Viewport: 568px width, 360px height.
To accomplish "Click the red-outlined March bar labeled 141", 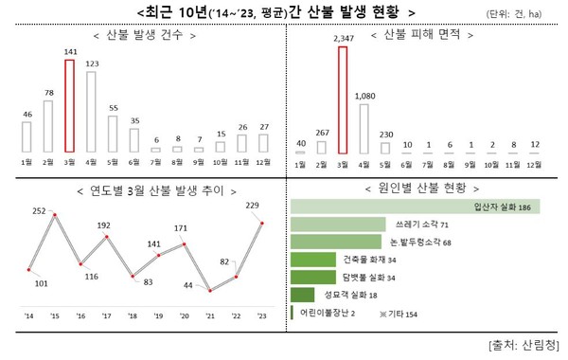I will pos(68,105).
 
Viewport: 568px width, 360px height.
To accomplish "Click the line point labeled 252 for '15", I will pos(56,216).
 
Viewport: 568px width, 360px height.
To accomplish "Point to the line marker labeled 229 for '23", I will pos(261,224).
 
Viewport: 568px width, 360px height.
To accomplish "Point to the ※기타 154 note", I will pos(397,312).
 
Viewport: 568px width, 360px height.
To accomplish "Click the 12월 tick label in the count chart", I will pos(261,163).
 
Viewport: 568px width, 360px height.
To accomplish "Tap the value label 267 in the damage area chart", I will pos(320,133).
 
